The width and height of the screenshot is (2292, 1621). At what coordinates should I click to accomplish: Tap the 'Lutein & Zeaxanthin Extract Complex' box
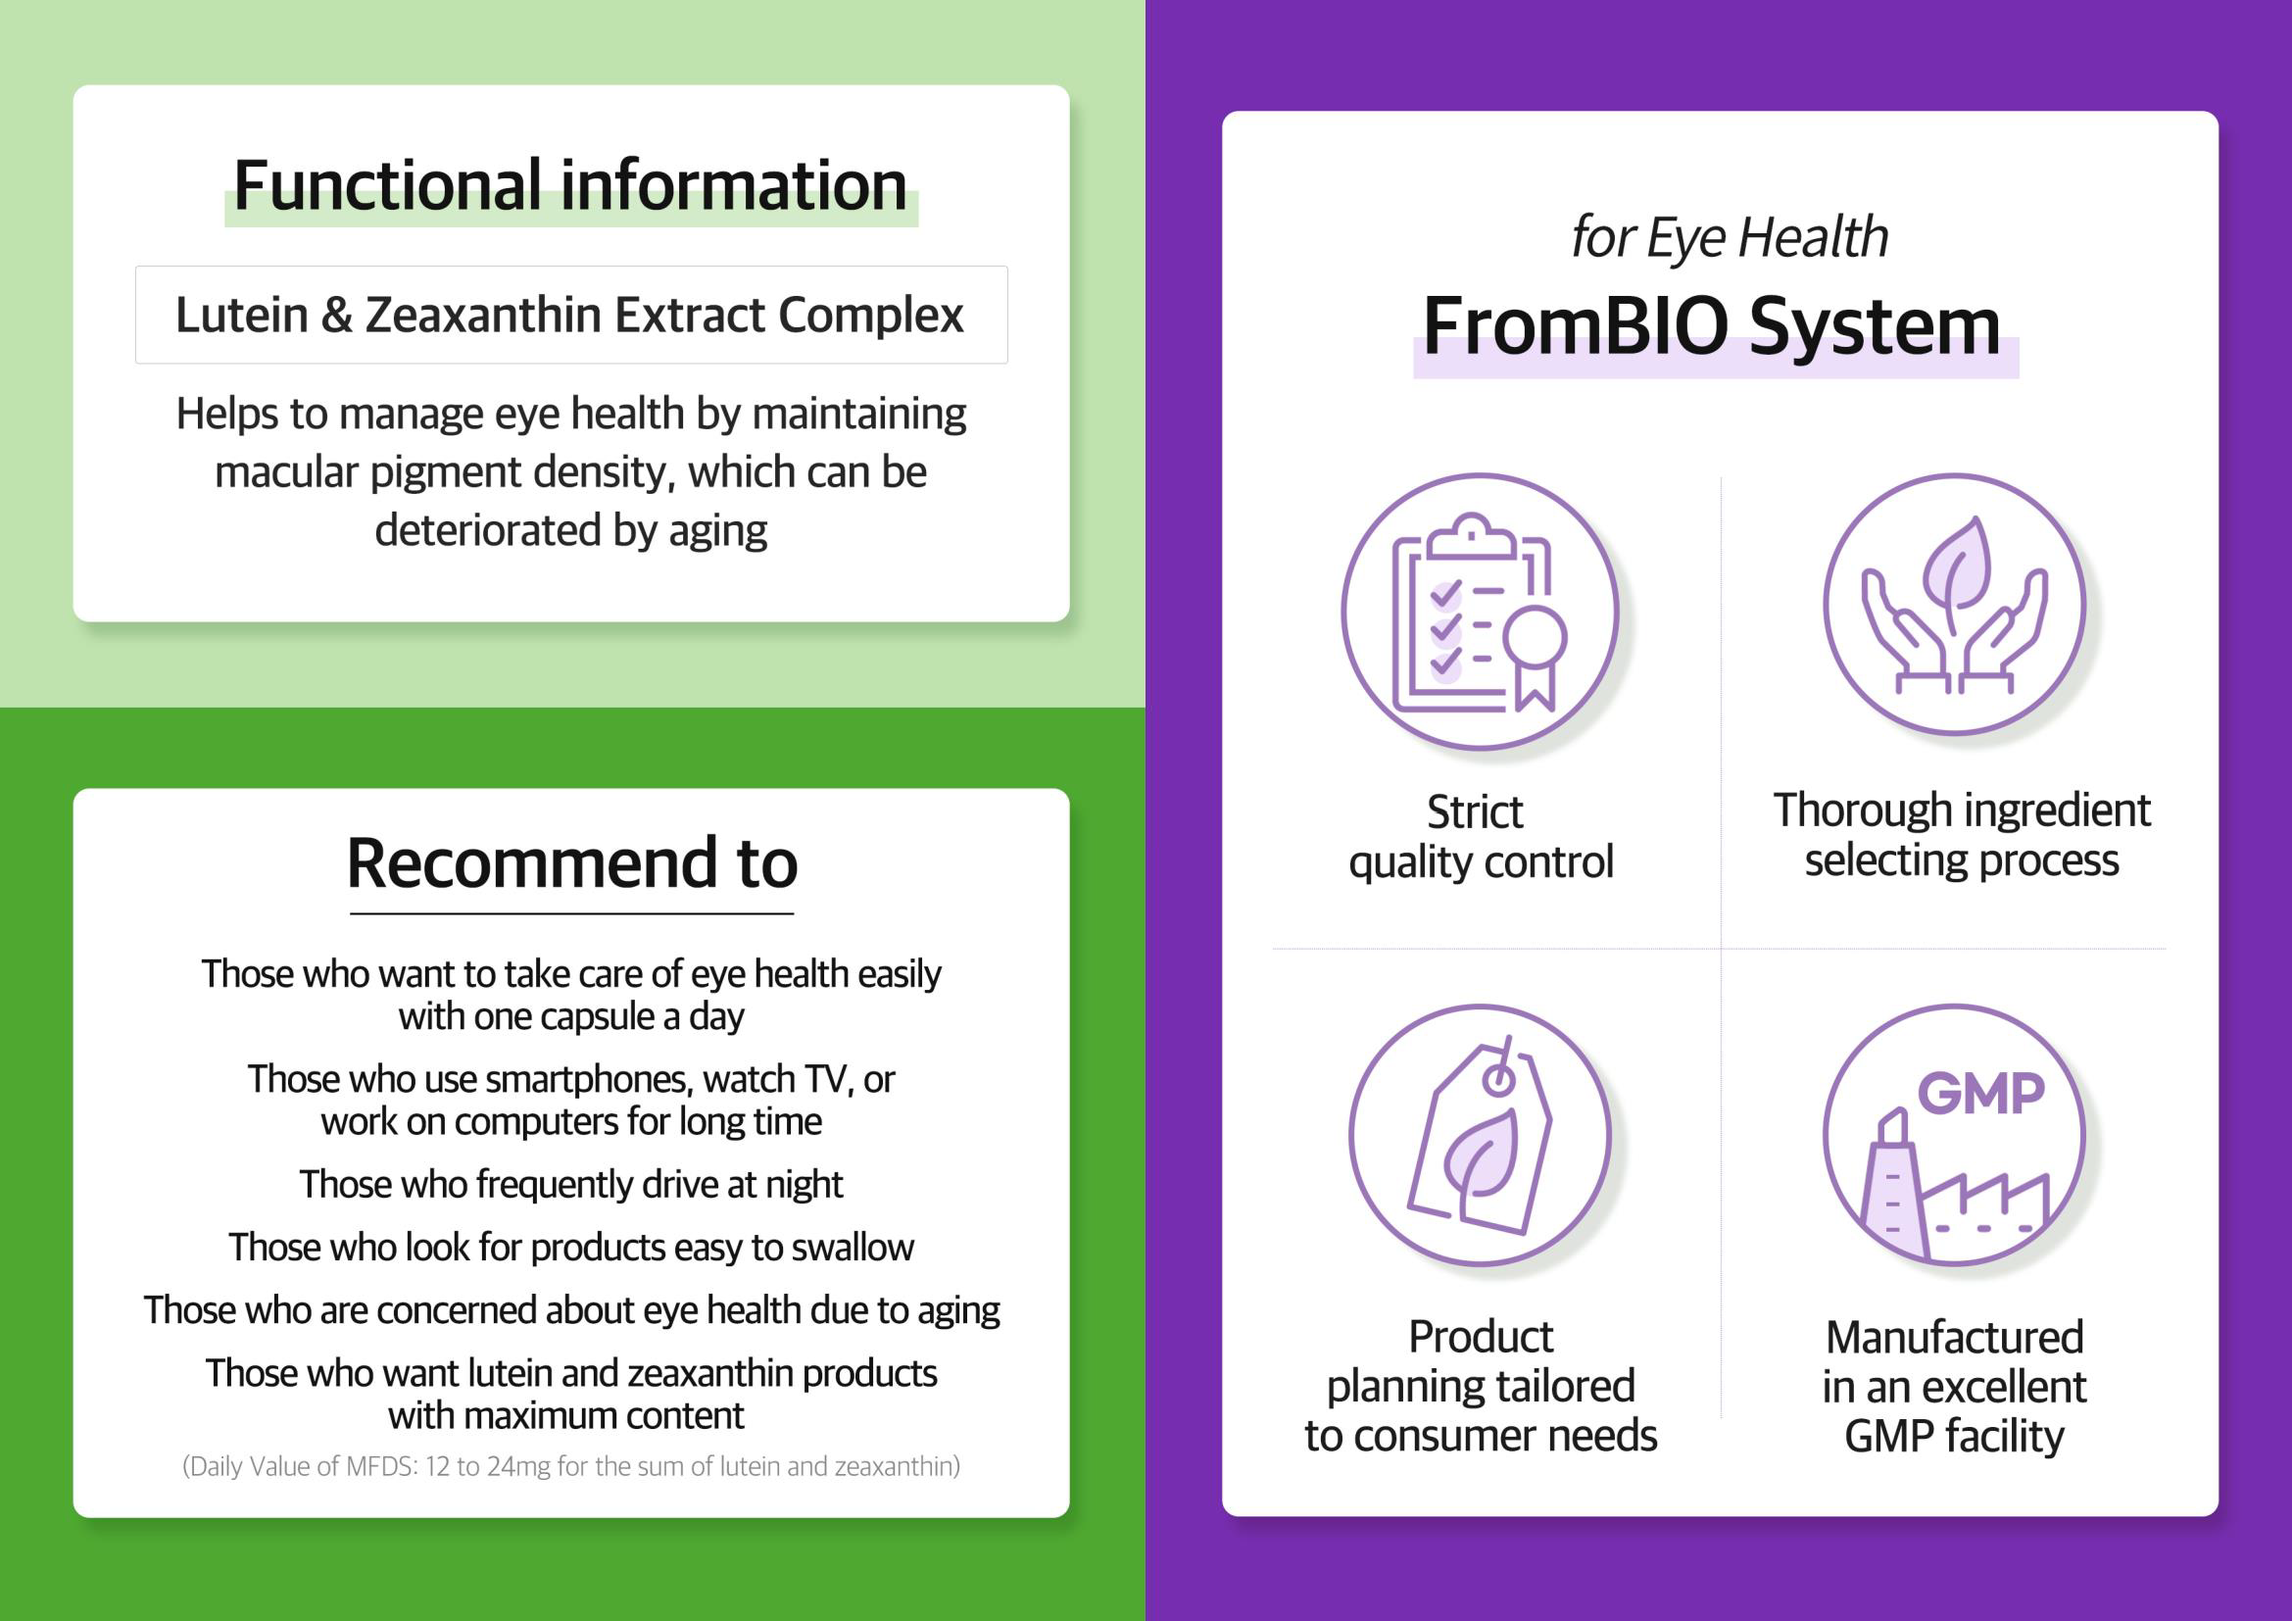571,315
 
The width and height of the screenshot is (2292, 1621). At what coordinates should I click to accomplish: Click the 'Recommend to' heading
572,862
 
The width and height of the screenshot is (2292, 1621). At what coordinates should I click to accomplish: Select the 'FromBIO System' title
1712,326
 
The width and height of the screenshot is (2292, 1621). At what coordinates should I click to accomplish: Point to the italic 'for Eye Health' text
1730,238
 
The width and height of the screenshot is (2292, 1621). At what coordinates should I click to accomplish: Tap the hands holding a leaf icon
1955,604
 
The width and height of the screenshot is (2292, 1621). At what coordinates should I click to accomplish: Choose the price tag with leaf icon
1480,1135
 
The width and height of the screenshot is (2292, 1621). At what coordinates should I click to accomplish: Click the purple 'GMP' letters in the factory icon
1981,1093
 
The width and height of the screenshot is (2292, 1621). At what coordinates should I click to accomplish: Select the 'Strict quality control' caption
1481,836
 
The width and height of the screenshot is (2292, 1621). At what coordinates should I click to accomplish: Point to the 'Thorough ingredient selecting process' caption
1962,834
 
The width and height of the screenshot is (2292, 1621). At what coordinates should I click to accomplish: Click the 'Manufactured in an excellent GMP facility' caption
1955,1387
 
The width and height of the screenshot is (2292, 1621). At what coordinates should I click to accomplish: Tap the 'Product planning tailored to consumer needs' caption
1481,1386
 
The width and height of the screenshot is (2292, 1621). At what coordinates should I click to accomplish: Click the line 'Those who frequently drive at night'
571,1185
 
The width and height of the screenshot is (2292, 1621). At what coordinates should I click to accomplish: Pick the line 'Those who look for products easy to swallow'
571,1248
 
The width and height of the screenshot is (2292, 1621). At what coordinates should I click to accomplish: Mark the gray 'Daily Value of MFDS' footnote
571,1466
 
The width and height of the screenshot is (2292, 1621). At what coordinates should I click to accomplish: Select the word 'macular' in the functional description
286,472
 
